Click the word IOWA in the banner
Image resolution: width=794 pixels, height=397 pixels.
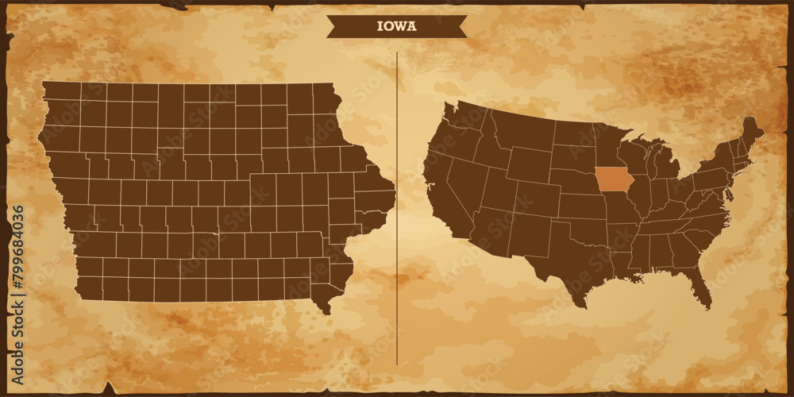(396, 26)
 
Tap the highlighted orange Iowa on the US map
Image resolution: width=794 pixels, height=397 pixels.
(611, 179)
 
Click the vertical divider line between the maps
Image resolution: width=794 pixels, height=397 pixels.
(397, 206)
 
